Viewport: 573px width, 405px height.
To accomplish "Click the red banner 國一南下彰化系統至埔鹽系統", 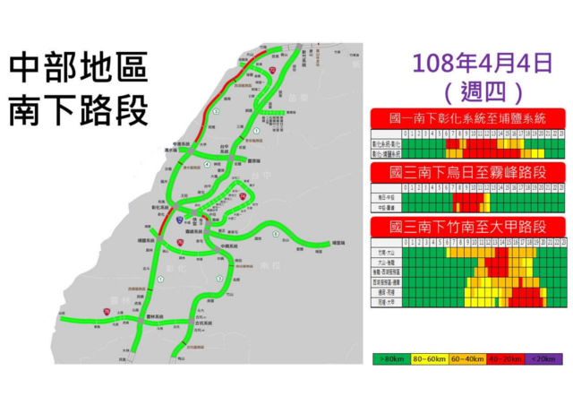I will [468, 119].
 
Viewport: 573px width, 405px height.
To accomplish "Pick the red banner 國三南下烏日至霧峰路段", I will [468, 172].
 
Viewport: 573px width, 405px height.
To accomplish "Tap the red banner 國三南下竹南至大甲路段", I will [468, 226].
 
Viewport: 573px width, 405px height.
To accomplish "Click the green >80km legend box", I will [391, 358].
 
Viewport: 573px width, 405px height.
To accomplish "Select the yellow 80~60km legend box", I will [430, 358].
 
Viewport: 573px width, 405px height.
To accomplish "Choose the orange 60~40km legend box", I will [468, 358].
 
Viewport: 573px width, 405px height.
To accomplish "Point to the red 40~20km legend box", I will [507, 358].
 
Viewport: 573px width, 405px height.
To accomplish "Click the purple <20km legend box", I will [544, 358].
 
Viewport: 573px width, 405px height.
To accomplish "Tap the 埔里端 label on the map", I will [339, 243].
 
